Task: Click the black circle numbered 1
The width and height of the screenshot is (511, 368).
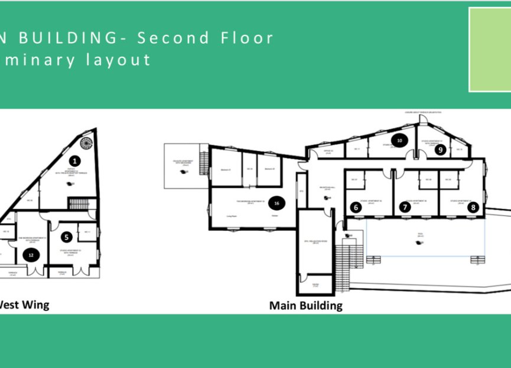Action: pyautogui.click(x=74, y=160)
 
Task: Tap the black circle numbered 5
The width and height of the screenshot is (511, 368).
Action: pyautogui.click(x=67, y=237)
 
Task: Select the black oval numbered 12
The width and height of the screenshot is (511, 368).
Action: pyautogui.click(x=30, y=255)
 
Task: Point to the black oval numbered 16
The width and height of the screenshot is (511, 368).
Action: pyautogui.click(x=276, y=203)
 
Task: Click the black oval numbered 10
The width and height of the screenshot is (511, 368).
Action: pyautogui.click(x=400, y=141)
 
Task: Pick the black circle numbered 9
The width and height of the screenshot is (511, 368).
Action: pyautogui.click(x=356, y=207)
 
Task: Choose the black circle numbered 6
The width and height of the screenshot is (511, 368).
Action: pyautogui.click(x=405, y=207)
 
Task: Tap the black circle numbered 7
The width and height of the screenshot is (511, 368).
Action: pyautogui.click(x=473, y=207)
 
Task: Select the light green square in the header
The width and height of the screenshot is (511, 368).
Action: pyautogui.click(x=490, y=50)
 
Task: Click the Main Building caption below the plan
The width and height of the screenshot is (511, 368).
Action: pyautogui.click(x=305, y=305)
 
